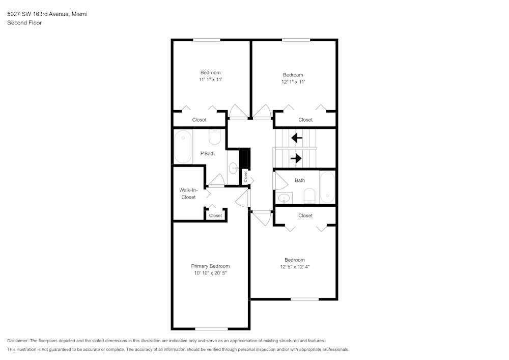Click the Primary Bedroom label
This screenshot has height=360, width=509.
(x=210, y=266)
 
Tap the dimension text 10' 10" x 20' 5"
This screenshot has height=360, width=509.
(x=210, y=273)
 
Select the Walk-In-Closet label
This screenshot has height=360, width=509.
(x=188, y=193)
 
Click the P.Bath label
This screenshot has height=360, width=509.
(x=208, y=154)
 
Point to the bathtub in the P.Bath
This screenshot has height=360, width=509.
(x=183, y=147)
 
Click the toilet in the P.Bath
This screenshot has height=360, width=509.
(x=215, y=137)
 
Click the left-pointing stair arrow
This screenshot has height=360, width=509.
(x=297, y=138)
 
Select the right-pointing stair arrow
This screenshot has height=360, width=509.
(x=296, y=158)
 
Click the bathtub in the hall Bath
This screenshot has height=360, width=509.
(x=327, y=187)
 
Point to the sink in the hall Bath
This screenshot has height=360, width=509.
(x=285, y=198)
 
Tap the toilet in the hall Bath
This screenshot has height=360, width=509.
(x=309, y=196)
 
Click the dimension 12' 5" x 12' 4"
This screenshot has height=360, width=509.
(x=295, y=267)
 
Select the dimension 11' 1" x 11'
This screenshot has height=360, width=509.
(x=211, y=79)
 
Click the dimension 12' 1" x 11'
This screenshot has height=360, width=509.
(x=293, y=82)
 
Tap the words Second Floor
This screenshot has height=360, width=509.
(x=24, y=23)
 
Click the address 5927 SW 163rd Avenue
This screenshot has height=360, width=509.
(x=38, y=14)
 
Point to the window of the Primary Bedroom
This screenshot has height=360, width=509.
(x=211, y=329)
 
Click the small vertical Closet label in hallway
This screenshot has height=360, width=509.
(x=245, y=177)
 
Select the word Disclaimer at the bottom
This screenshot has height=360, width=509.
(x=18, y=341)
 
